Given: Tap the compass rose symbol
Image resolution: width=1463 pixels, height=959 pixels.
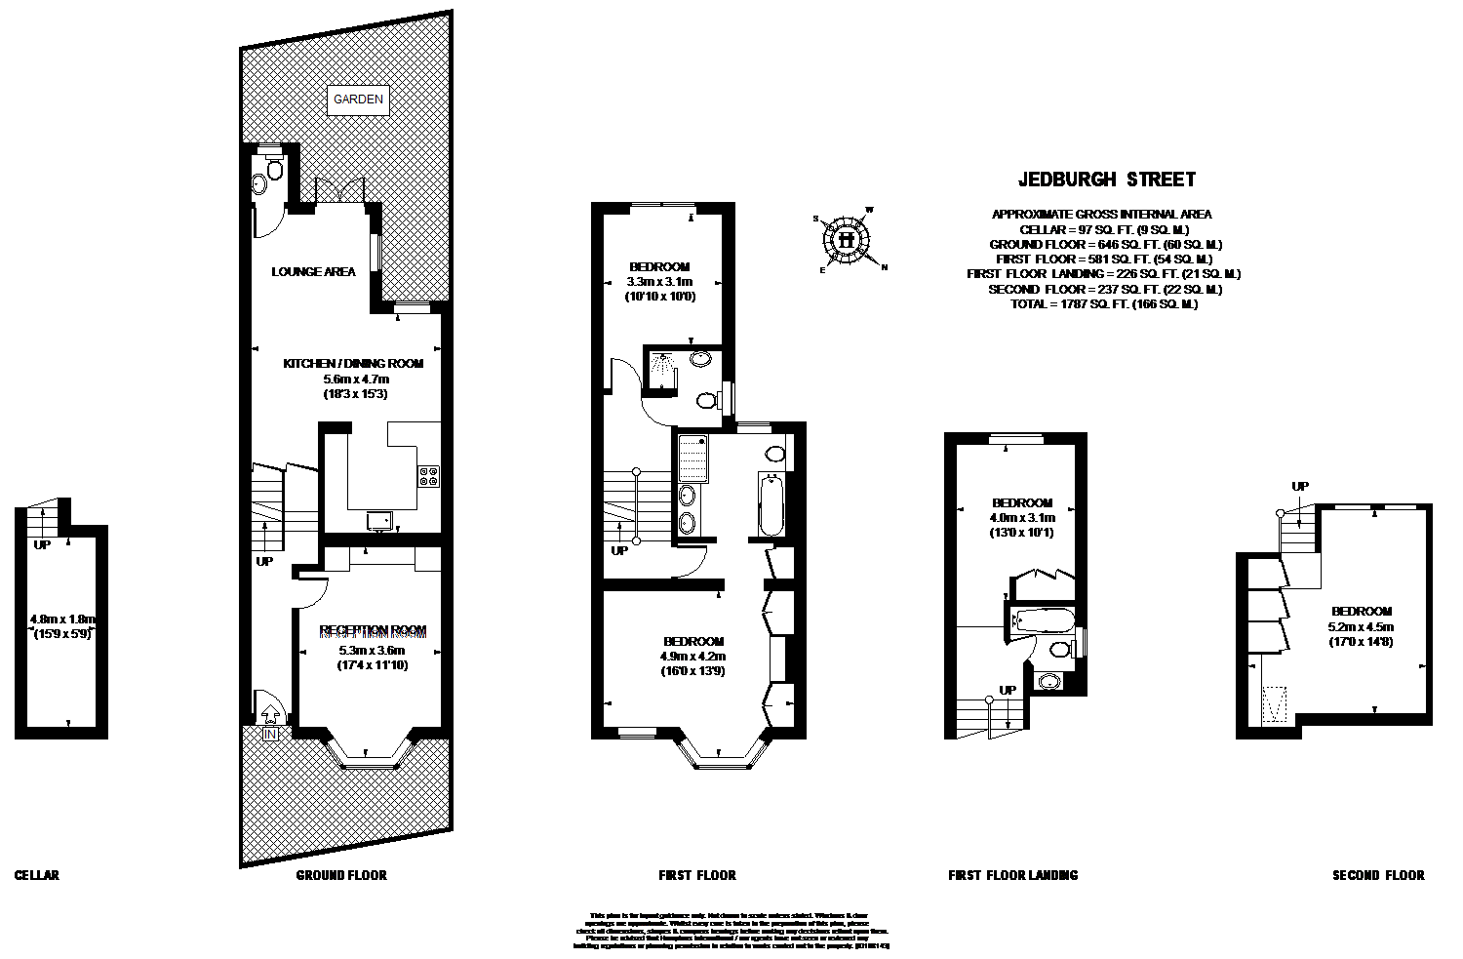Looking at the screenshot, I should (846, 239).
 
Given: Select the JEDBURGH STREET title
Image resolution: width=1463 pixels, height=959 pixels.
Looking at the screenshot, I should (1106, 180).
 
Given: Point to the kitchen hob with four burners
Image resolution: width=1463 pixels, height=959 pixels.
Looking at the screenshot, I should (428, 476).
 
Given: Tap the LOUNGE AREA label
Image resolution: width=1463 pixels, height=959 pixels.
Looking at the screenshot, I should (313, 272).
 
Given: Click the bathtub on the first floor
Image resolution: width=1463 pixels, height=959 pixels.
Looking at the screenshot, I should (771, 505).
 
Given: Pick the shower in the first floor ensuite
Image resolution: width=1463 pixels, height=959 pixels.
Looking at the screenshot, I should (664, 371).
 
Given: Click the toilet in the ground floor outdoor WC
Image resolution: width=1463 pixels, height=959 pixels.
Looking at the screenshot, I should (272, 171).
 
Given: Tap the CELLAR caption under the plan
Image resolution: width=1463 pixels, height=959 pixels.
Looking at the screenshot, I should (37, 875).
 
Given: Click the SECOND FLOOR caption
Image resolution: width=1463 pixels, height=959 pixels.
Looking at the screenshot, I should (1377, 875).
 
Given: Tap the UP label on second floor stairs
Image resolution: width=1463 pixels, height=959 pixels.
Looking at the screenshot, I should (1299, 486).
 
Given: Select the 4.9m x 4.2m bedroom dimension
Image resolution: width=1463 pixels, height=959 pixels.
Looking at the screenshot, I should (692, 657).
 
